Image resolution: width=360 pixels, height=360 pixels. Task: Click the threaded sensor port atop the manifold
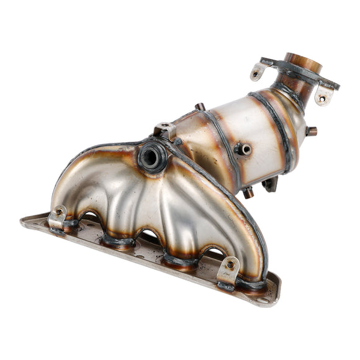(x=151, y=157)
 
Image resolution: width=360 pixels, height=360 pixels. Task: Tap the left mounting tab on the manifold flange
(x=57, y=217)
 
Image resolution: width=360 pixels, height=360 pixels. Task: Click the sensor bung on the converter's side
(x=243, y=149)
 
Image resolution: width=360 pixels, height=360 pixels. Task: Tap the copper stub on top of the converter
(x=199, y=107)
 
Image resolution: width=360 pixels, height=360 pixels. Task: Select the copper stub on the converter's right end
(x=311, y=131)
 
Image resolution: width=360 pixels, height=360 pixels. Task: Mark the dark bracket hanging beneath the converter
(x=271, y=184)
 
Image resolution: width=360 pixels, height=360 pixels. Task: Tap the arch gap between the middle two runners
(x=149, y=238)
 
